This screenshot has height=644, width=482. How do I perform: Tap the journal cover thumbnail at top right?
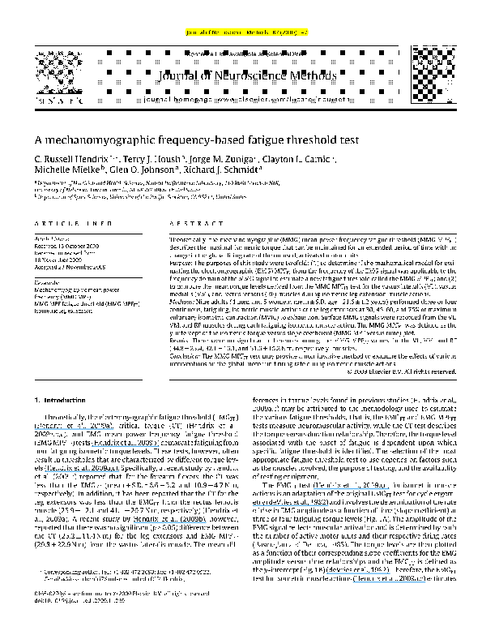[x=429, y=65]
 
